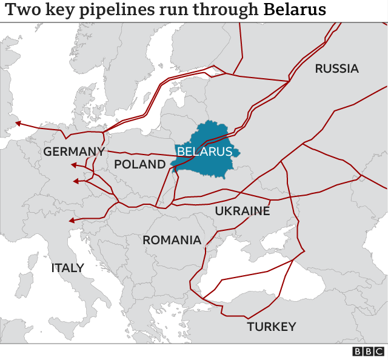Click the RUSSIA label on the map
click(x=336, y=68)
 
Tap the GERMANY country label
click(x=74, y=152)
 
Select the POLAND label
click(x=139, y=164)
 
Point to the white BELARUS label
click(x=204, y=152)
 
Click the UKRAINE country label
click(x=242, y=211)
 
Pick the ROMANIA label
click(x=172, y=240)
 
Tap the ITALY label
click(x=67, y=267)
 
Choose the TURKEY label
click(x=271, y=327)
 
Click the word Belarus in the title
click(x=294, y=10)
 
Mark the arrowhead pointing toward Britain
click(x=18, y=124)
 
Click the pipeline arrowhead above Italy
click(x=72, y=221)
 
